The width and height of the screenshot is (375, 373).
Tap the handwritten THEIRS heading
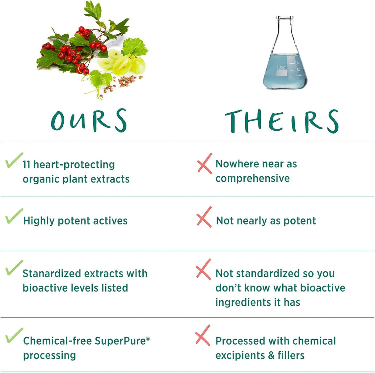point(282,121)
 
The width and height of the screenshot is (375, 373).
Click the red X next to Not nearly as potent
point(204,217)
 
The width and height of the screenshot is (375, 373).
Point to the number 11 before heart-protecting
point(26,165)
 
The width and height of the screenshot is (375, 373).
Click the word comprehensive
point(253,178)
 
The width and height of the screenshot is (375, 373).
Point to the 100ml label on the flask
point(282,67)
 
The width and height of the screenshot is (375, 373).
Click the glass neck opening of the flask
point(284,18)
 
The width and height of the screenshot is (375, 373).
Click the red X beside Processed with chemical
point(203,335)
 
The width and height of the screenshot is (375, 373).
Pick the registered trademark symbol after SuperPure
point(148,338)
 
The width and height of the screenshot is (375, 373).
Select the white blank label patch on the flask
point(282,73)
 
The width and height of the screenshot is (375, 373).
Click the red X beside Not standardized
point(203,269)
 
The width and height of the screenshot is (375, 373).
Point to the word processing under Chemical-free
point(49,355)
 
